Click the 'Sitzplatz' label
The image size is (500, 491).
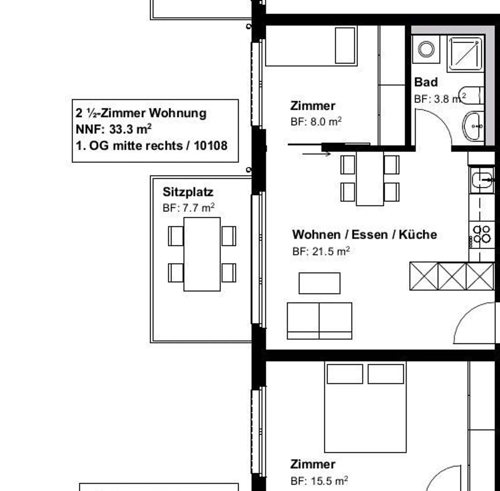(x=188, y=192)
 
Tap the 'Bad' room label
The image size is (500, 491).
(x=426, y=83)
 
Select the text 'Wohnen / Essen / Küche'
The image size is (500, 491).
(x=364, y=235)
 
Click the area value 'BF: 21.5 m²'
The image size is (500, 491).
(x=321, y=251)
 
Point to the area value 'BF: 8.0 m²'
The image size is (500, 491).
(x=316, y=122)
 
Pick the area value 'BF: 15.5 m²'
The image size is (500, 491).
(x=319, y=481)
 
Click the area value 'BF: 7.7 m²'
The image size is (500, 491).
(x=189, y=208)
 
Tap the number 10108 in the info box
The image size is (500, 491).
(x=210, y=145)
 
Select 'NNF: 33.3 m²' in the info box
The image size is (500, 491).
(x=114, y=129)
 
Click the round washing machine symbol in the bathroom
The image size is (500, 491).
(x=426, y=49)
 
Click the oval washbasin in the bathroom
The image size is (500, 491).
(x=474, y=126)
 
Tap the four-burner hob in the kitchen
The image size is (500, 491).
(x=482, y=234)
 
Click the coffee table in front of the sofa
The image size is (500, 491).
(x=319, y=283)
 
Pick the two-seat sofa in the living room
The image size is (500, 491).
(x=319, y=321)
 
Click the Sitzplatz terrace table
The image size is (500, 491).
(x=202, y=254)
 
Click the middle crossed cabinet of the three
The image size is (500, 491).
(x=452, y=276)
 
